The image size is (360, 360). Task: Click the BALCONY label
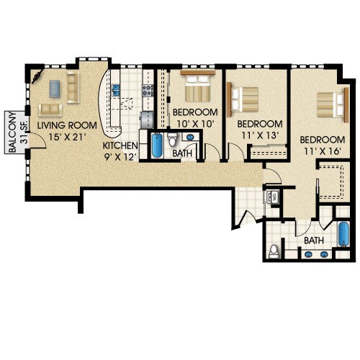(x=12, y=132)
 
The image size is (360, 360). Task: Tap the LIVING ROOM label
(x=73, y=125)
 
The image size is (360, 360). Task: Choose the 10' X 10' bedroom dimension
(x=194, y=125)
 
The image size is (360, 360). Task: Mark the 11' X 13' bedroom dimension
(x=260, y=135)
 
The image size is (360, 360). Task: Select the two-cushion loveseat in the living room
(x=50, y=109)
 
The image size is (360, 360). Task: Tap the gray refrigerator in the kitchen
(x=147, y=117)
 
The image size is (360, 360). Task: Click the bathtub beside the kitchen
(x=156, y=146)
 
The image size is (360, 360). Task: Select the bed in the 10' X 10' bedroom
(x=197, y=89)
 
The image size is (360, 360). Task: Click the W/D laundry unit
(x=274, y=196)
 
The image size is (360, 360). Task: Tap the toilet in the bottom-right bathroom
(x=273, y=251)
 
